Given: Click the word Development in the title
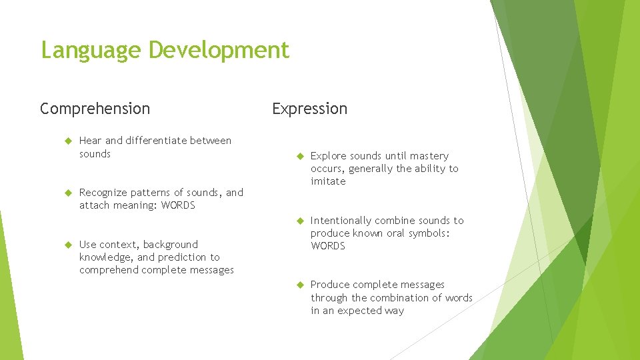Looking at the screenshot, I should (x=219, y=51).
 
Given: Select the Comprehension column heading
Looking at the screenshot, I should (x=95, y=108).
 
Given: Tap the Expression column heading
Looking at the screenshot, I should (x=309, y=108).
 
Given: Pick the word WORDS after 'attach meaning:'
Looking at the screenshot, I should (x=178, y=205).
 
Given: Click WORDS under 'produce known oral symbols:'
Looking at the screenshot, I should (x=328, y=246).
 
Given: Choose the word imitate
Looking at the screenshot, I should (x=328, y=181).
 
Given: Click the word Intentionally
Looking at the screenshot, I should (x=341, y=221).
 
